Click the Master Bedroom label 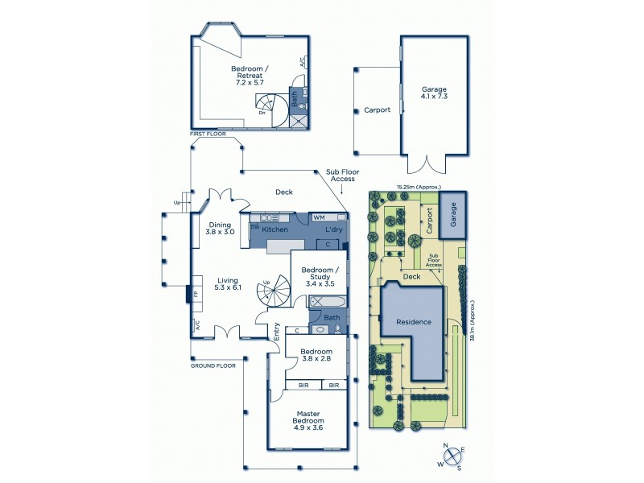click(308, 418)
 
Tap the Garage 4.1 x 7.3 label click(434, 93)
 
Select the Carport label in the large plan click(377, 109)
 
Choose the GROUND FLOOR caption click(213, 365)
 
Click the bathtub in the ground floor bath click(328, 303)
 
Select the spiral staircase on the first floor click(270, 108)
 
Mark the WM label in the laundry click(319, 217)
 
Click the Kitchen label click(275, 230)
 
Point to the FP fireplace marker click(196, 295)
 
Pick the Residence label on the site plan click(413, 322)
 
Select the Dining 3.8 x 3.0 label click(219, 229)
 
